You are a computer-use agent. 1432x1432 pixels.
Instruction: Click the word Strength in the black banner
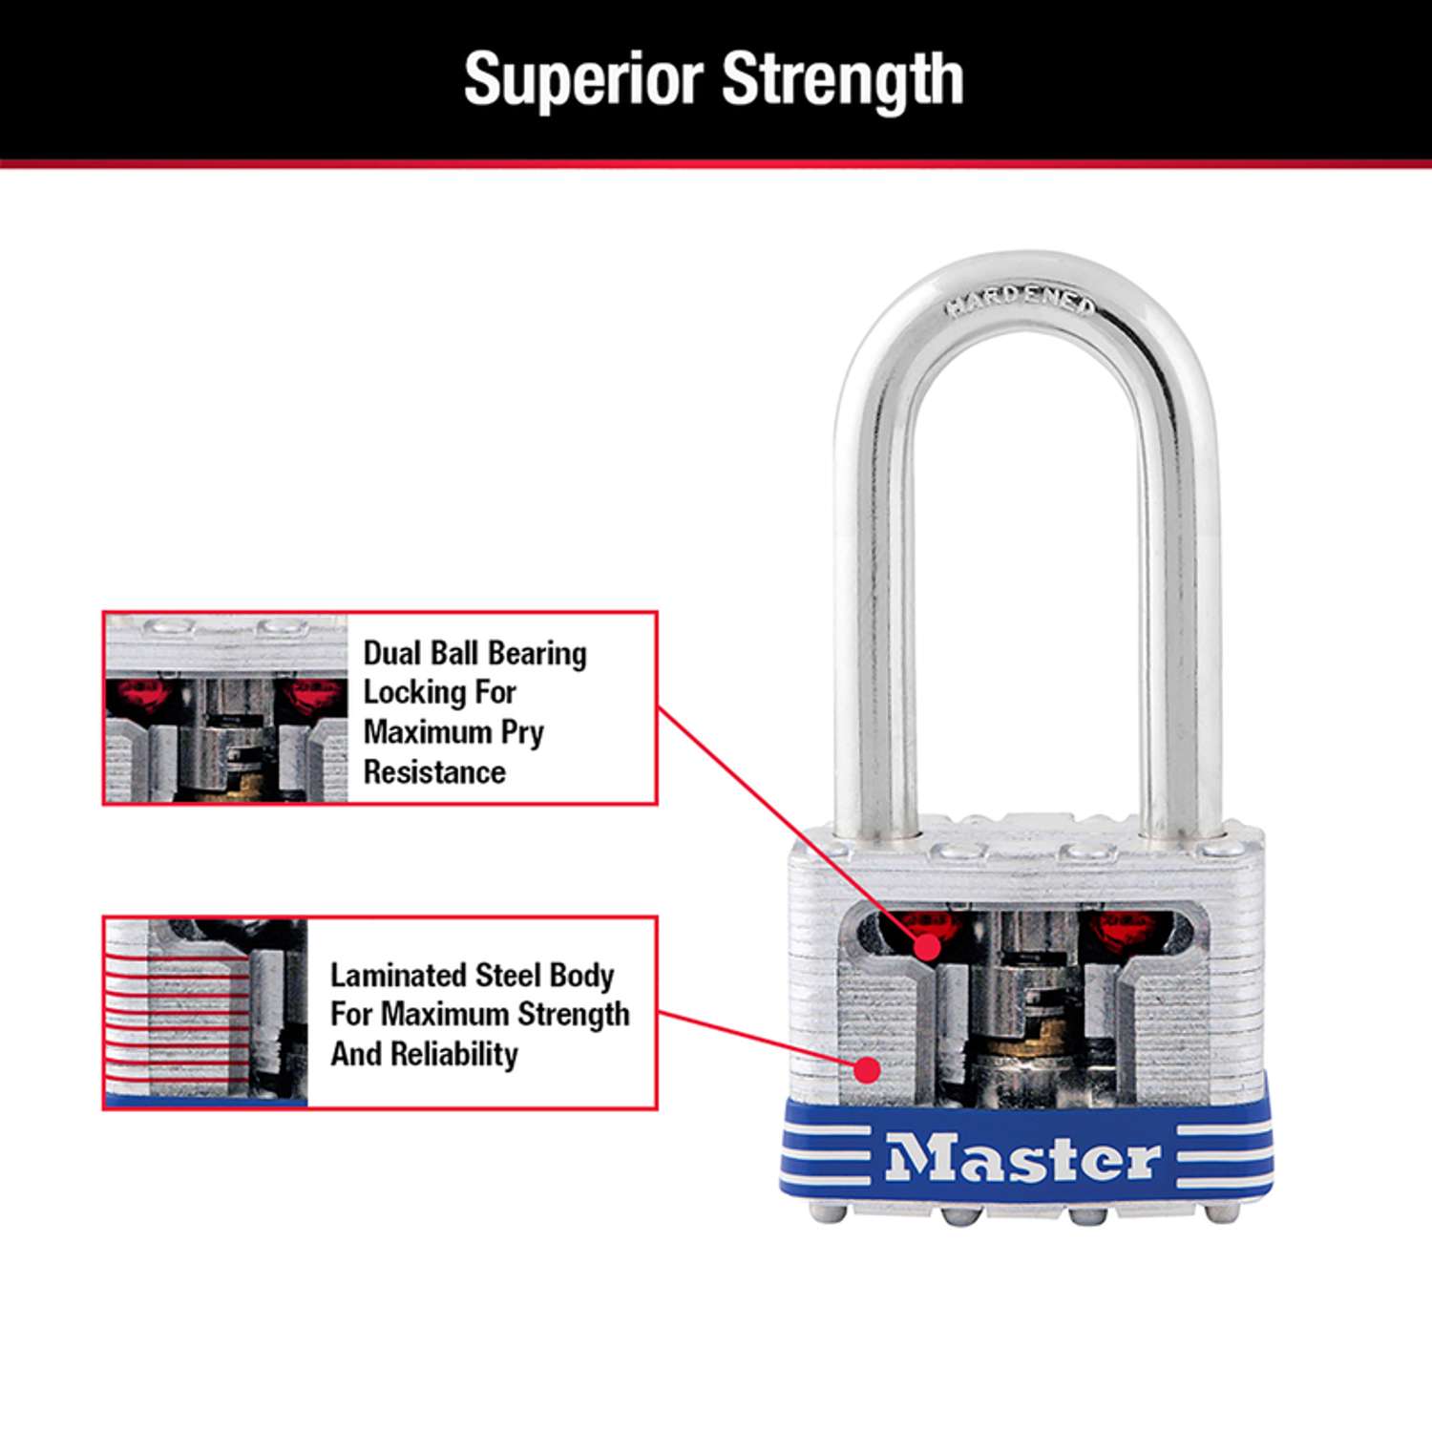coord(843,80)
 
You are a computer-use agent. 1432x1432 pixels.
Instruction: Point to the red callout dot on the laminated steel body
coord(866,1069)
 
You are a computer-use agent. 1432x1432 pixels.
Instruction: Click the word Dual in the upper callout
coord(392,654)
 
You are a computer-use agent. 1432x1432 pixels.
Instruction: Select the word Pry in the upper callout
coord(522,732)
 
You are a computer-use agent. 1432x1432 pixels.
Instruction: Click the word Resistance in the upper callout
coord(434,771)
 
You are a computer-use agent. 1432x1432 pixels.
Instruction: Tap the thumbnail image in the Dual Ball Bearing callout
coord(226,708)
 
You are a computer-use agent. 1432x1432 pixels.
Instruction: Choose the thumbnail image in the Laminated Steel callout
coord(206,1013)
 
